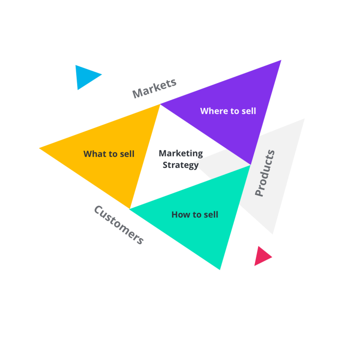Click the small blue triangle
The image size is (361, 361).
coord(85,76)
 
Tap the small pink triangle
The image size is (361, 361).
coord(261,256)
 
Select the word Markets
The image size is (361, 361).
coord(154,88)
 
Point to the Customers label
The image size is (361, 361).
coord(119,225)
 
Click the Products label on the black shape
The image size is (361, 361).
coord(265,173)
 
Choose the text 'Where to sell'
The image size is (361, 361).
coord(228,111)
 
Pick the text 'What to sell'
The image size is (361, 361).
coord(109,154)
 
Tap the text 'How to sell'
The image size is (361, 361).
coord(194,214)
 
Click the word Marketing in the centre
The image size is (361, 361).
coord(181,153)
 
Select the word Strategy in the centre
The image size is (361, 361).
coord(180,165)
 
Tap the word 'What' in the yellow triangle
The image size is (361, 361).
coord(95,154)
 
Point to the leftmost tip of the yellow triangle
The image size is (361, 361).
coord(39,148)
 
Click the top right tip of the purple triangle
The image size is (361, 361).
coord(281,60)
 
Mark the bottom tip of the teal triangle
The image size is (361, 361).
coord(220,269)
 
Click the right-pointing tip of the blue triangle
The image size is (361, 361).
coord(102,74)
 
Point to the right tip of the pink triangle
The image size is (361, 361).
coord(272,257)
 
